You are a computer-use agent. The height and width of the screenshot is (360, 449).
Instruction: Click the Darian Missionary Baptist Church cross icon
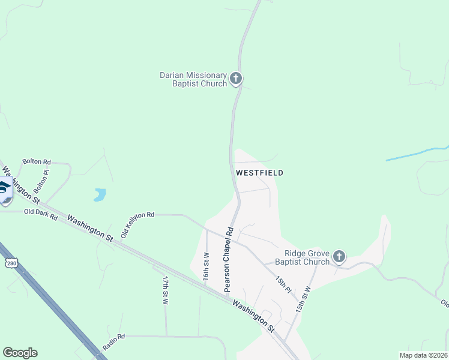click(x=236, y=78)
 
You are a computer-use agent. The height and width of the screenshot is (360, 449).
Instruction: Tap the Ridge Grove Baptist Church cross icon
click(x=339, y=257)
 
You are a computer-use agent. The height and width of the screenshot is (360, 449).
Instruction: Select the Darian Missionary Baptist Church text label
click(x=193, y=79)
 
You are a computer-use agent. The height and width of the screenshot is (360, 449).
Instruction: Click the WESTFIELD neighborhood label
click(x=259, y=173)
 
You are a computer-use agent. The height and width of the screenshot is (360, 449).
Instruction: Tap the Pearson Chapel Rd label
click(x=228, y=259)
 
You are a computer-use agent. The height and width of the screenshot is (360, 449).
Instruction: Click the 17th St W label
click(x=165, y=290)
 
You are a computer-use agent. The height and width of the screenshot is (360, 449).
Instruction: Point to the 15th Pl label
click(x=283, y=284)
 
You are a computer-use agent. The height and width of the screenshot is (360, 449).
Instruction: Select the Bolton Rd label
click(x=37, y=162)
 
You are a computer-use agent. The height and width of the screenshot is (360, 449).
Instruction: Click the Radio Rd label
click(x=113, y=342)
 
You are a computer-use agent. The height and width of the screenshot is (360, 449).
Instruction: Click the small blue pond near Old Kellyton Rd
click(x=100, y=194)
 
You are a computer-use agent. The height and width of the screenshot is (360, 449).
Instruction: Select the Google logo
click(x=20, y=353)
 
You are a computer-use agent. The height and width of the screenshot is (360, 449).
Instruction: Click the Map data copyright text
click(x=423, y=355)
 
